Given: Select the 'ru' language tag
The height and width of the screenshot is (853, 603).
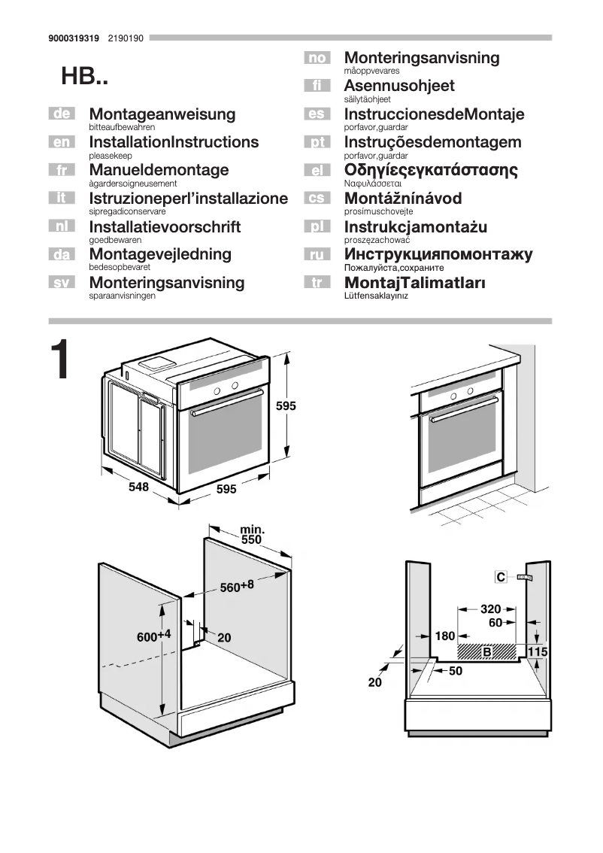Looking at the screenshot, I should coord(317,254).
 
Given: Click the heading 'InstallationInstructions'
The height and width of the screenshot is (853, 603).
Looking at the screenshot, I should coord(174,142).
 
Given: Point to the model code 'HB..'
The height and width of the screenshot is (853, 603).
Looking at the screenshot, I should coord(85,77).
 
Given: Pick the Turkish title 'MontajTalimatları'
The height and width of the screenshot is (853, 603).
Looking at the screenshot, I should coord(414,283).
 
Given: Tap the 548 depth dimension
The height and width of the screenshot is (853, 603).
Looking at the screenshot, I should coord(138,487).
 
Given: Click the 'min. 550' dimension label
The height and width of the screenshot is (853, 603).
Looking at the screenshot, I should coord(252,535).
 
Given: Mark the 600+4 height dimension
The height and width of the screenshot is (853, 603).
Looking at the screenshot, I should coord(153,636).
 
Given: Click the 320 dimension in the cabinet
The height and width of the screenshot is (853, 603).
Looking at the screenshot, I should coord(490,609).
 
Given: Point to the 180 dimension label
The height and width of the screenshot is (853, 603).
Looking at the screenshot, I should coord(445,636).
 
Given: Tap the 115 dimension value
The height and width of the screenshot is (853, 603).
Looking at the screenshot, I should coord(537,651).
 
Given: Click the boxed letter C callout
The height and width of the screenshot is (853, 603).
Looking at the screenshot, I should coord(501,577).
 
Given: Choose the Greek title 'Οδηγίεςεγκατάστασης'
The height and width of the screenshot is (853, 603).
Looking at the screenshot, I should coord(431,170).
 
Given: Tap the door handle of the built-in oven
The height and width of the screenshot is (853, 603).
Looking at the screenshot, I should coord(459,407).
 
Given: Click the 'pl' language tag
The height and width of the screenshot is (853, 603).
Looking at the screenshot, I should coord(317,226).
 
